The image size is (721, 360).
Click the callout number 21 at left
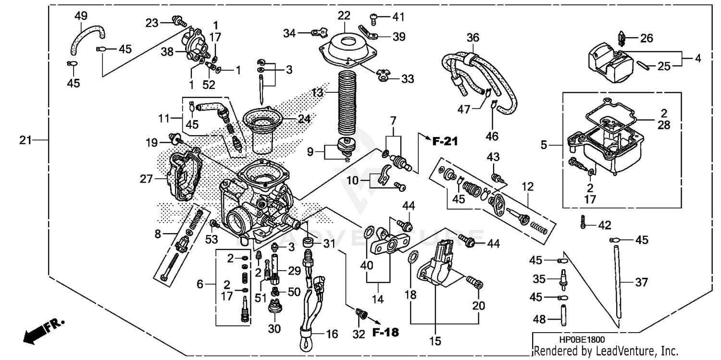(25, 140)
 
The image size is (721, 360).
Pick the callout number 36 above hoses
(473, 37)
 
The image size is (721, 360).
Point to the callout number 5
(544, 144)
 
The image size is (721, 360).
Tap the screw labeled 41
(374, 18)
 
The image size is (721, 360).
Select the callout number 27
(146, 179)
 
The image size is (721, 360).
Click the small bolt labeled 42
(583, 222)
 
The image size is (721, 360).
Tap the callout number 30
(274, 329)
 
